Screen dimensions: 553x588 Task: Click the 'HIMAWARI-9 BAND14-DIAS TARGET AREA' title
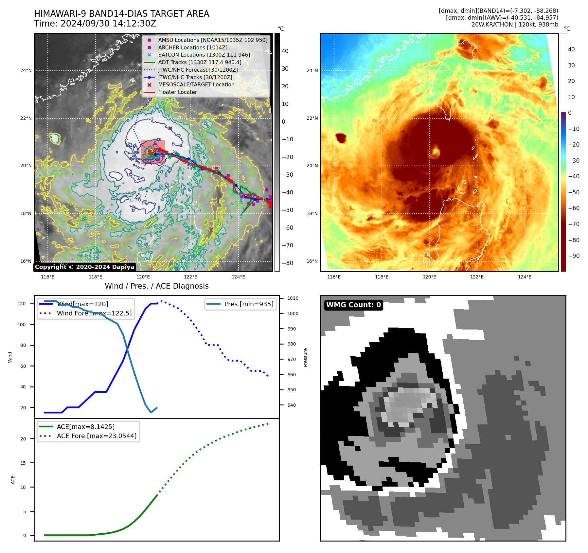[x=121, y=14]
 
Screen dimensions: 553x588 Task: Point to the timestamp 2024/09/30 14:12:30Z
[x=108, y=24]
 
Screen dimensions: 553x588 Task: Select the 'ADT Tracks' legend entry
[x=200, y=62]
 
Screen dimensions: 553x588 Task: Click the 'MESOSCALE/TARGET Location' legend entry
[x=196, y=84]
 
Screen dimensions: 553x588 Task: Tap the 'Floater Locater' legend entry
[x=177, y=92]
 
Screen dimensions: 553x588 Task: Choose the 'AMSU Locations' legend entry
[x=212, y=40]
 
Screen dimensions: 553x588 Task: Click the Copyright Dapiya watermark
[x=84, y=267]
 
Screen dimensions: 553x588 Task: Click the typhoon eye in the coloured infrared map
[x=436, y=152]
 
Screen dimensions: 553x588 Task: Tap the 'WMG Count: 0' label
[x=353, y=305]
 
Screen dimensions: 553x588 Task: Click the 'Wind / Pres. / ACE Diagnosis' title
[x=156, y=286]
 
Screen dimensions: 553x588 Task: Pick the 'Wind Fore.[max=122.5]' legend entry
[x=94, y=313]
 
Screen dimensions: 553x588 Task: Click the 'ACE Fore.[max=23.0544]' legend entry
[x=97, y=436]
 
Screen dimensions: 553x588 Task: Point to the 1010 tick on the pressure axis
[x=293, y=298]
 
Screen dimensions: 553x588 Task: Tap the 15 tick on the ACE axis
[x=23, y=463]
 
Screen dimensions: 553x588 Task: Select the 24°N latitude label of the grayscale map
[x=26, y=70]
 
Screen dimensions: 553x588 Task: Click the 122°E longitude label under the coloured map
[x=477, y=277]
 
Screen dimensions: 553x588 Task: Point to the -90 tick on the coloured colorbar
[x=574, y=256]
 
